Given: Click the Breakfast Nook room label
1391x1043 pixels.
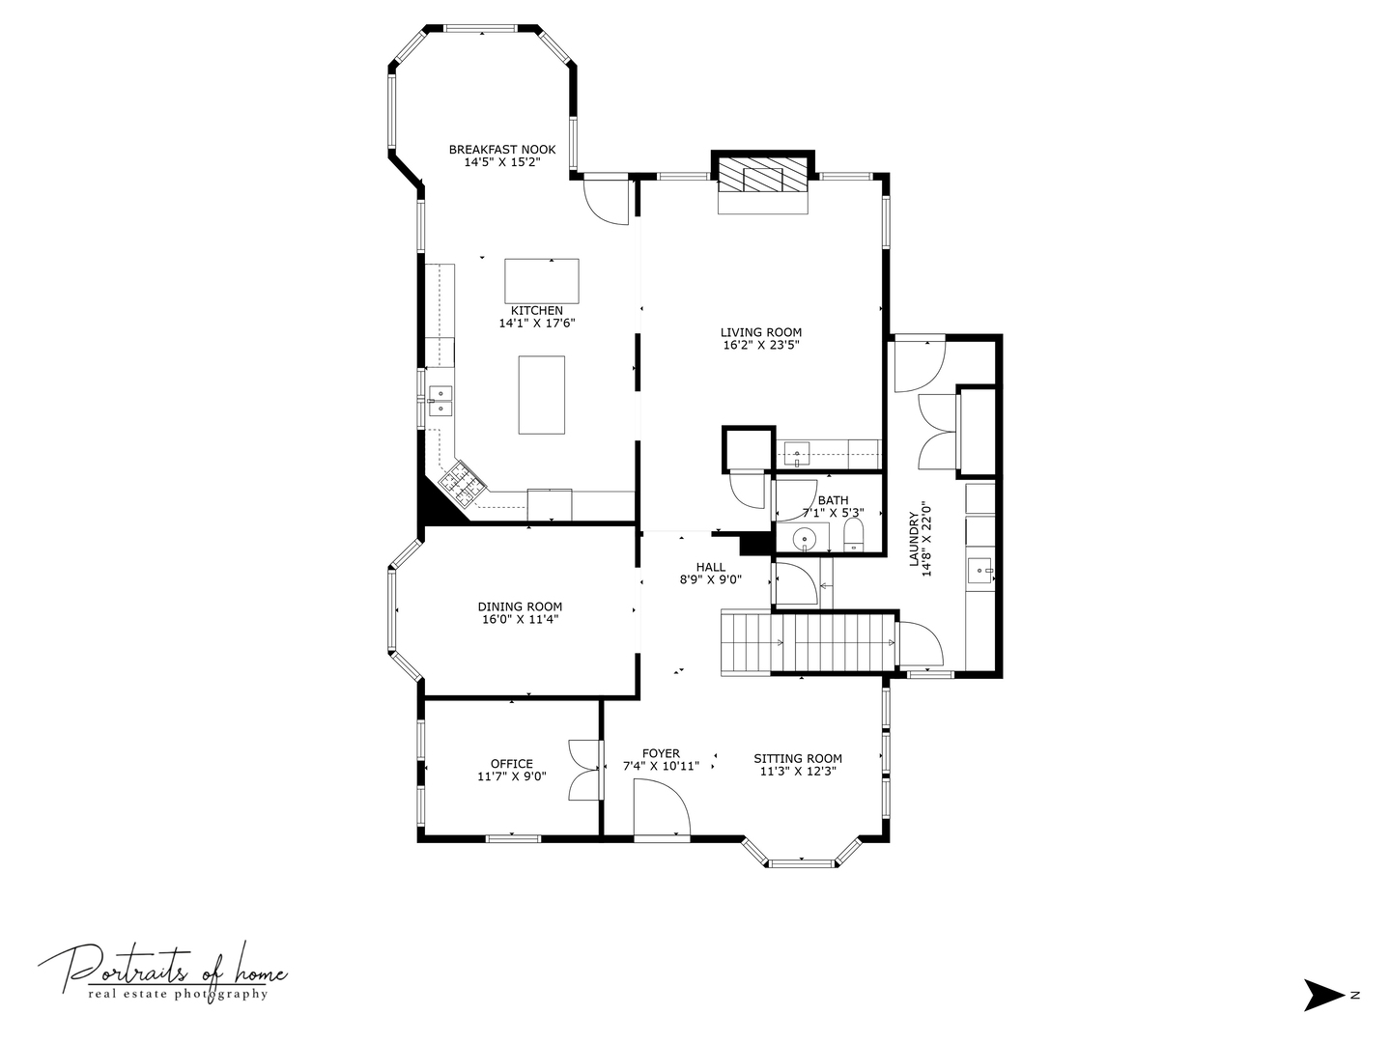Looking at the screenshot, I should click(x=501, y=150).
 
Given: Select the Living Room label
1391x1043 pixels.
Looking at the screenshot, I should click(x=760, y=332).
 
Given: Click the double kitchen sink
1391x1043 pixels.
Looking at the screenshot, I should click(x=440, y=401).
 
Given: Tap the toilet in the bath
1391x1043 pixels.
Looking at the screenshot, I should click(x=854, y=537).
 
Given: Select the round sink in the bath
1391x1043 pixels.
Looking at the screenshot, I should click(x=804, y=538).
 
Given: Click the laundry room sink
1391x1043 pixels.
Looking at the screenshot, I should click(x=981, y=571).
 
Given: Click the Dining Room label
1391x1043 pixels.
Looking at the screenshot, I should click(x=520, y=607).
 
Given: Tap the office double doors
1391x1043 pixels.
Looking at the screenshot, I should click(x=585, y=769).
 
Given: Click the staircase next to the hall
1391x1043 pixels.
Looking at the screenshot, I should click(x=807, y=644).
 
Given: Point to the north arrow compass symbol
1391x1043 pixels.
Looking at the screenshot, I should click(x=1323, y=995).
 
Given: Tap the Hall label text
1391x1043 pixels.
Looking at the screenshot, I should click(x=710, y=567).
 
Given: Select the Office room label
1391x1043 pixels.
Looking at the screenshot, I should click(x=511, y=764).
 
